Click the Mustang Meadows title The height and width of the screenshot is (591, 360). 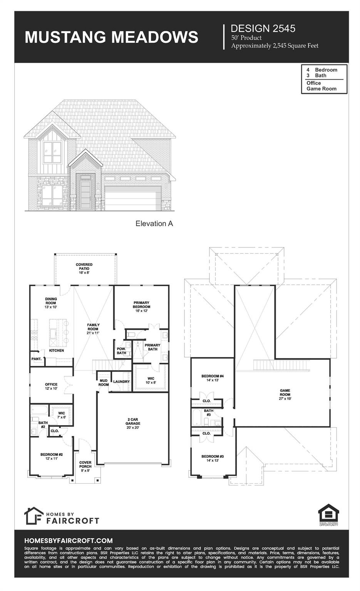coord(111,37)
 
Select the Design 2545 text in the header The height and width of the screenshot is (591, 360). coord(263,28)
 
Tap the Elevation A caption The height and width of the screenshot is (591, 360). coord(154,224)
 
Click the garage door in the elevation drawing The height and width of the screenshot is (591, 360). coord(133,198)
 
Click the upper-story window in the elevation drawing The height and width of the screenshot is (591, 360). coord(52,153)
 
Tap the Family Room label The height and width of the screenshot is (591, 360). coord(93,329)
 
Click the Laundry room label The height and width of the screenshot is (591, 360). coord(121,382)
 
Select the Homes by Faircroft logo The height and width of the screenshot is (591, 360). coord(62,516)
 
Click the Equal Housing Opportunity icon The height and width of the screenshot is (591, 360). coord(328,515)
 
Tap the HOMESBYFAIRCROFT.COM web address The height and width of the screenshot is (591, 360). coord(68,541)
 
